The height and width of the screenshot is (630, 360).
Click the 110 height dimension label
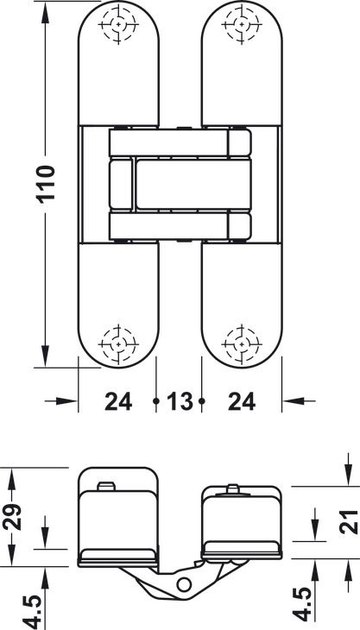click(47, 184)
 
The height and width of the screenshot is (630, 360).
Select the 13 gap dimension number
click(180, 401)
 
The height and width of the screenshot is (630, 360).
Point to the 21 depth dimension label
click(348, 522)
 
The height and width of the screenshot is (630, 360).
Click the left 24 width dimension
click(118, 401)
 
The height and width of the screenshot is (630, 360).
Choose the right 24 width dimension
click(242, 401)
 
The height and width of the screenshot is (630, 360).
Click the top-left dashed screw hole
click(118, 24)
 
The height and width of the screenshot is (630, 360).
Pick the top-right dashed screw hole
click(242, 24)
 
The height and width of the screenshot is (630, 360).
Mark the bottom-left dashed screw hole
click(118, 344)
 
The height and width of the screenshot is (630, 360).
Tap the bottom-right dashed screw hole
click(242, 344)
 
